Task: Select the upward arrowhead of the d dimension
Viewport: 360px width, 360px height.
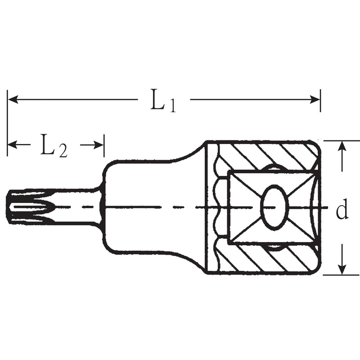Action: point(343,147)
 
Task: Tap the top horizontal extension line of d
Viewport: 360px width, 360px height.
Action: point(342,140)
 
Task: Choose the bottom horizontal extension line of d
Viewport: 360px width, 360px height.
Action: point(342,275)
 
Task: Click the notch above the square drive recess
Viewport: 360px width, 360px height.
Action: point(273,168)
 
